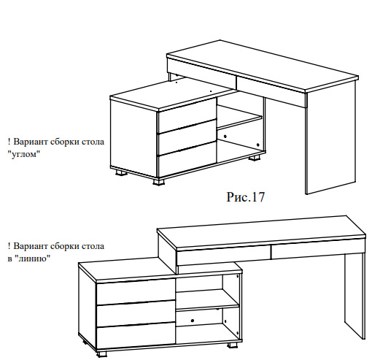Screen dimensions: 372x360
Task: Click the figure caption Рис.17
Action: (x=245, y=196)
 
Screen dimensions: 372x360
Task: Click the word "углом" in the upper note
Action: (x=24, y=154)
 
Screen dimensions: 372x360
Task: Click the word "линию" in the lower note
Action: (x=34, y=258)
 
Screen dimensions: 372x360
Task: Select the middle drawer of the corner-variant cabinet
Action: (x=187, y=137)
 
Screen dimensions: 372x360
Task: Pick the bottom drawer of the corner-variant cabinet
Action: (x=187, y=159)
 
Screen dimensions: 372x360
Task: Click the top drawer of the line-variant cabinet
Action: (x=136, y=292)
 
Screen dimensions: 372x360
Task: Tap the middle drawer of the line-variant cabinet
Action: (x=136, y=314)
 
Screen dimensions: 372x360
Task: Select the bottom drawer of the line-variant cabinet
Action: (x=136, y=336)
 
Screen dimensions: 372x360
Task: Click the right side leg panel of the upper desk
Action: (x=330, y=139)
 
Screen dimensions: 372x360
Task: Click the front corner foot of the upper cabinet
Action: (x=158, y=182)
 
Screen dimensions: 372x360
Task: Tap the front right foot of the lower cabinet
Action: (x=233, y=345)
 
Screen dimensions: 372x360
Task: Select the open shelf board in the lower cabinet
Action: (x=207, y=300)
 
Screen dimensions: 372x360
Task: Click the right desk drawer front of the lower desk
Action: (x=318, y=250)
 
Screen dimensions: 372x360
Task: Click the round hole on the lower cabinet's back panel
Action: (x=193, y=321)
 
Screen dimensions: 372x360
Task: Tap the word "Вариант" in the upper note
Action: (x=31, y=142)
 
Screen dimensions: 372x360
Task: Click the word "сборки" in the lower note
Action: (x=64, y=246)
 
